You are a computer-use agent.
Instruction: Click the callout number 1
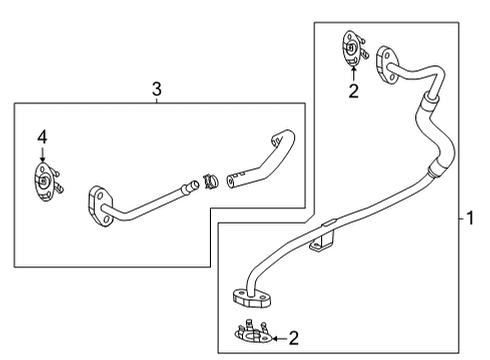[470, 217]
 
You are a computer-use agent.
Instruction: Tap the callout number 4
[42, 136]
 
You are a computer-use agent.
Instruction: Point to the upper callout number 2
[352, 91]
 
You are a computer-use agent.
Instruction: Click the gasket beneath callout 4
[46, 182]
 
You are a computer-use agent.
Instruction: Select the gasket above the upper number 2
[352, 48]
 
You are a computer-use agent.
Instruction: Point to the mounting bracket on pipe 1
[320, 240]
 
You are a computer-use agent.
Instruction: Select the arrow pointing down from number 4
[42, 154]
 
